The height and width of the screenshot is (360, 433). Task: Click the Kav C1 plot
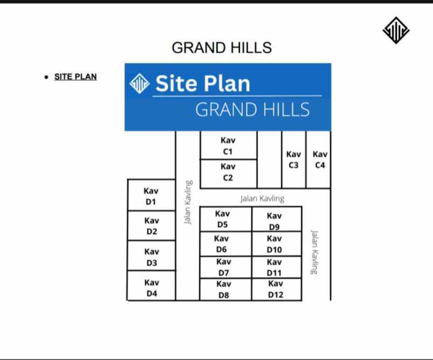[x=228, y=145]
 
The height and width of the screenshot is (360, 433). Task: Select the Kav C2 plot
[x=228, y=174]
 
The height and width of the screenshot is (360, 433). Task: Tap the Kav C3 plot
[x=294, y=159]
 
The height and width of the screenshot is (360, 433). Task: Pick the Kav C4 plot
[x=318, y=159]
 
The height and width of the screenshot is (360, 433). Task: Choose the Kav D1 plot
[x=151, y=195]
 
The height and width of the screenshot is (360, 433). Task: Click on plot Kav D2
[x=151, y=225]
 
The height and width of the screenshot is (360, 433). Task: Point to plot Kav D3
[x=151, y=256]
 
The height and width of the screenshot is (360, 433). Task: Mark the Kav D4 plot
[x=151, y=286]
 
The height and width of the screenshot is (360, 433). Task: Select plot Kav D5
[x=226, y=219]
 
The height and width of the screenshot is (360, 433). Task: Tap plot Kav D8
[x=226, y=290]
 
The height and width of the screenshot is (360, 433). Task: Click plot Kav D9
[x=277, y=219]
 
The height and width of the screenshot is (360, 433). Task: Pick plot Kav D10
[x=277, y=244]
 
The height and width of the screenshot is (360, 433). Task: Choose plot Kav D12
[x=277, y=290]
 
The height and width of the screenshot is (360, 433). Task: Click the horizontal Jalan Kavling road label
[x=262, y=199]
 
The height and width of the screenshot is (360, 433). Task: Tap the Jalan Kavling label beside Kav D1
[x=188, y=202]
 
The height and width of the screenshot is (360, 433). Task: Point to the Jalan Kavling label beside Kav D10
[x=315, y=252]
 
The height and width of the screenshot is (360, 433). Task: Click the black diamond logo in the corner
[x=396, y=30]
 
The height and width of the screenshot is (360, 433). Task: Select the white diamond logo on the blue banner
[x=139, y=83]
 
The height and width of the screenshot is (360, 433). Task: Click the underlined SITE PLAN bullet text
[x=75, y=77]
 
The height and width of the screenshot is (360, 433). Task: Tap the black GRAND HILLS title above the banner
[x=222, y=48]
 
